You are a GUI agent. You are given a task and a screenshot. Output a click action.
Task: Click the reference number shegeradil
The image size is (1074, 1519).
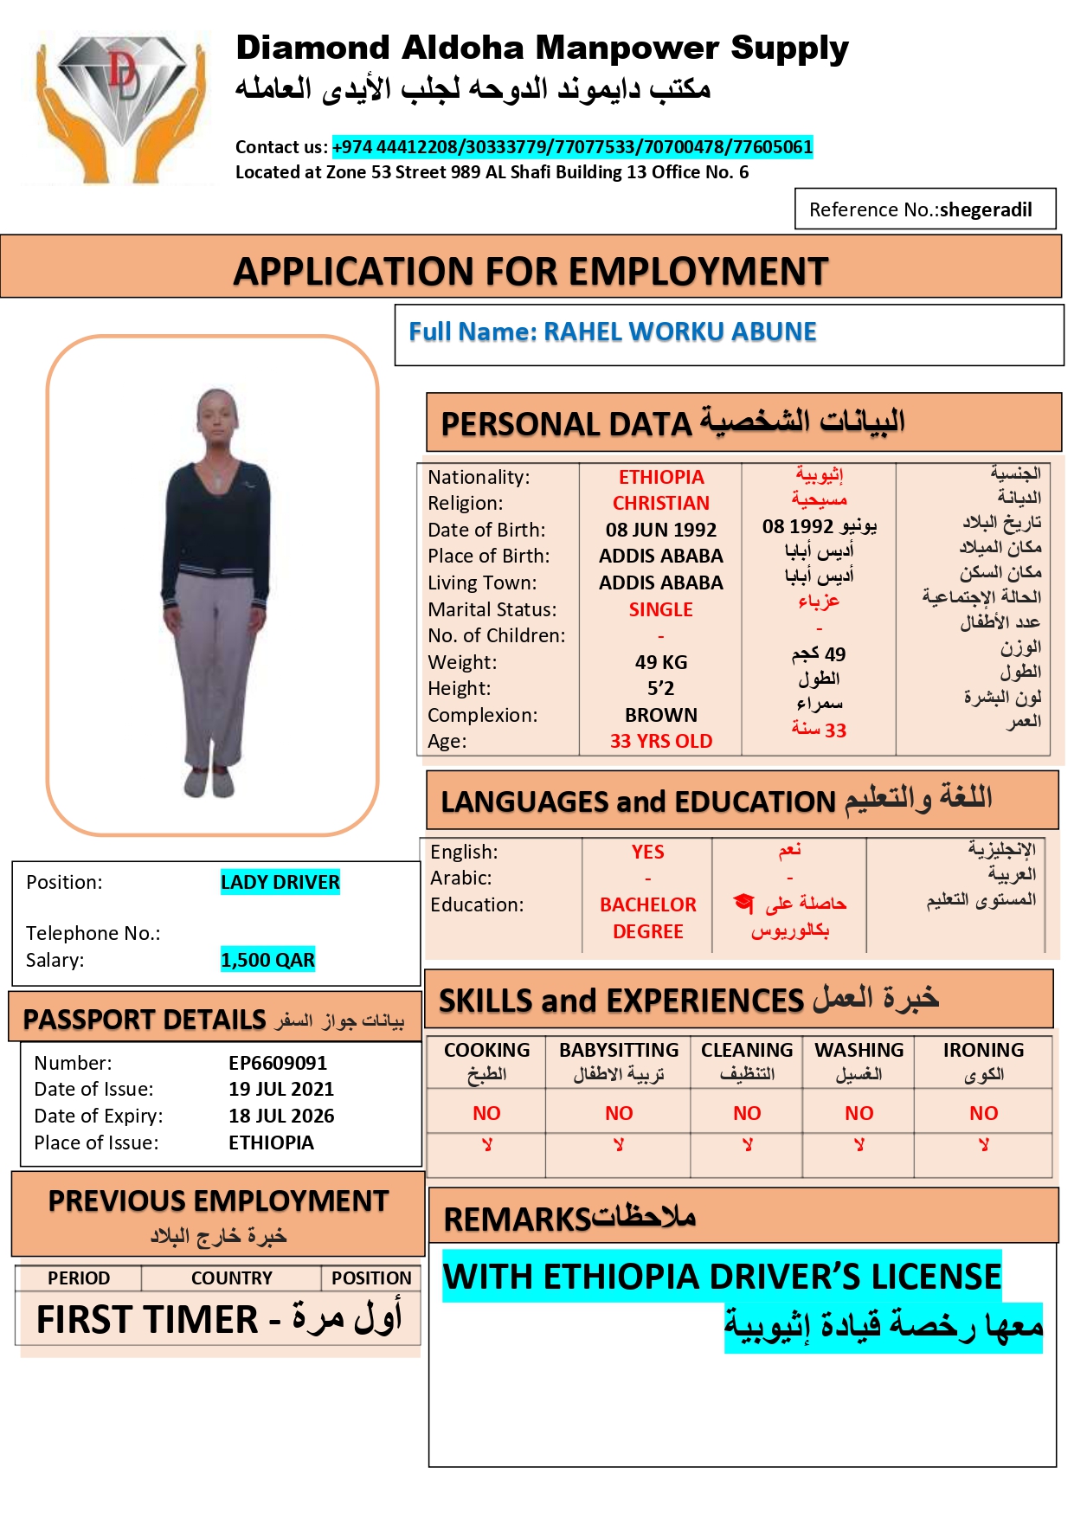point(985,209)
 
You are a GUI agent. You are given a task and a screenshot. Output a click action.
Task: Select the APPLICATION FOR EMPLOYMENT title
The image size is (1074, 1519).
point(531,272)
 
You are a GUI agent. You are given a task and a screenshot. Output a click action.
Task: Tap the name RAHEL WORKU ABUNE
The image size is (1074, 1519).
point(679,331)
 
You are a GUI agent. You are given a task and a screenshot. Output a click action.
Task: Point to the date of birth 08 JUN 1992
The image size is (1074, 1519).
point(661,530)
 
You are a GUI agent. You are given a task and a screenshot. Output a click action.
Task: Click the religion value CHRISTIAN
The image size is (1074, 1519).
point(661,503)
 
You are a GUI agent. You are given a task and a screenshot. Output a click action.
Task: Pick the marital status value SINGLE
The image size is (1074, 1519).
point(661,609)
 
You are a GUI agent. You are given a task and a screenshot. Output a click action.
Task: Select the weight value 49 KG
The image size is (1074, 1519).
point(661,662)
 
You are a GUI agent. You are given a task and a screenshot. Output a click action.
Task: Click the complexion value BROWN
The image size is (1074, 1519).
point(661,715)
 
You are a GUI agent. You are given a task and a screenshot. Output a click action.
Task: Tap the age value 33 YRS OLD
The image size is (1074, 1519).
point(661,741)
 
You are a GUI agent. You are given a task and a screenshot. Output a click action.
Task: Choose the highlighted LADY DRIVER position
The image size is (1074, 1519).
point(280,882)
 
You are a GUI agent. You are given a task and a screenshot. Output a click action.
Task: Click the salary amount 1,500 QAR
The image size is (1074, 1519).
point(267,960)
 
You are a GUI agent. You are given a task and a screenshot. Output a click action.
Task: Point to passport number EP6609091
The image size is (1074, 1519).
point(278,1063)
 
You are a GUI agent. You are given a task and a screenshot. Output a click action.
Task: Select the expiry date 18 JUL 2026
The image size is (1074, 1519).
point(281,1116)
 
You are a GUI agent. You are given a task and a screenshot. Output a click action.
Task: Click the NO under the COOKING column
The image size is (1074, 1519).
point(486,1113)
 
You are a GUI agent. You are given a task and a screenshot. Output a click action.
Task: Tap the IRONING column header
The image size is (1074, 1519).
point(983,1051)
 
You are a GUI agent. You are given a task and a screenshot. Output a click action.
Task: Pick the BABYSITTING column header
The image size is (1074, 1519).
point(619,1051)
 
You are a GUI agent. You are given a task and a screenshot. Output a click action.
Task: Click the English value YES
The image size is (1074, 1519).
point(647,852)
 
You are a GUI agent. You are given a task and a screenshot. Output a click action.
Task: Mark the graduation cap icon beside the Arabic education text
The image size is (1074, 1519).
point(743,903)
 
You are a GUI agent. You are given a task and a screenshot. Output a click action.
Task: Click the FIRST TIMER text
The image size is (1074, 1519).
point(147,1320)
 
